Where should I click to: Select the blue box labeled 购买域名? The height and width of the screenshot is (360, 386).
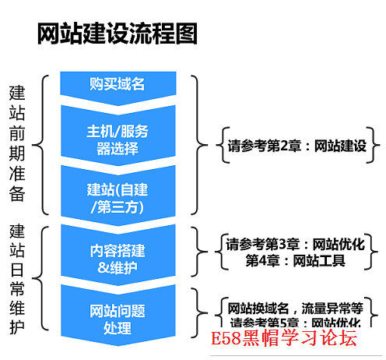[117, 84]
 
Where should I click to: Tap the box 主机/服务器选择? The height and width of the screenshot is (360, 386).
[117, 139]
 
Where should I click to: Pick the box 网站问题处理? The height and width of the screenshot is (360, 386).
[117, 319]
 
